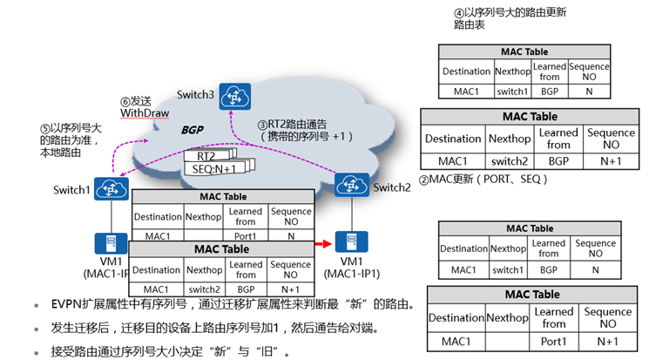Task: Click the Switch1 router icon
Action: coord(110,188)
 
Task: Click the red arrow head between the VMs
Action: coord(331,244)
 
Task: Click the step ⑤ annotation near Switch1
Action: coord(71,139)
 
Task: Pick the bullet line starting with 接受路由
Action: coord(166,351)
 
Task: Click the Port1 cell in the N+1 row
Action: coord(554,342)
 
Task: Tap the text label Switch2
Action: coord(391,187)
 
